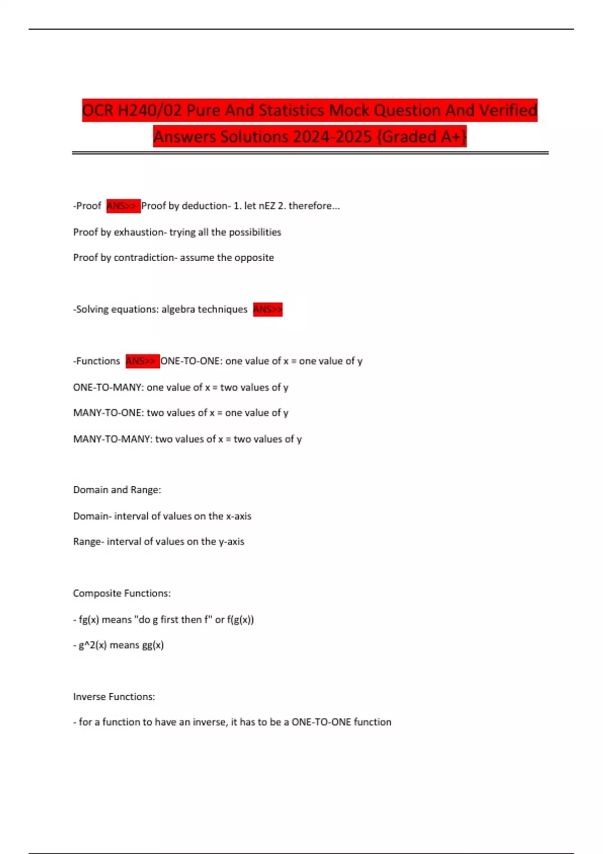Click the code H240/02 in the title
(x=149, y=111)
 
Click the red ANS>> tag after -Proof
(x=123, y=206)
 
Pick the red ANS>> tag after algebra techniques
(x=267, y=309)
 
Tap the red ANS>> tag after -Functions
(x=142, y=361)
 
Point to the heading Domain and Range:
(x=117, y=490)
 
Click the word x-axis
(x=239, y=516)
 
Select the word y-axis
(x=232, y=542)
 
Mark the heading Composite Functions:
(x=122, y=593)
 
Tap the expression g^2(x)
(x=92, y=645)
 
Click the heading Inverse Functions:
(x=114, y=697)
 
